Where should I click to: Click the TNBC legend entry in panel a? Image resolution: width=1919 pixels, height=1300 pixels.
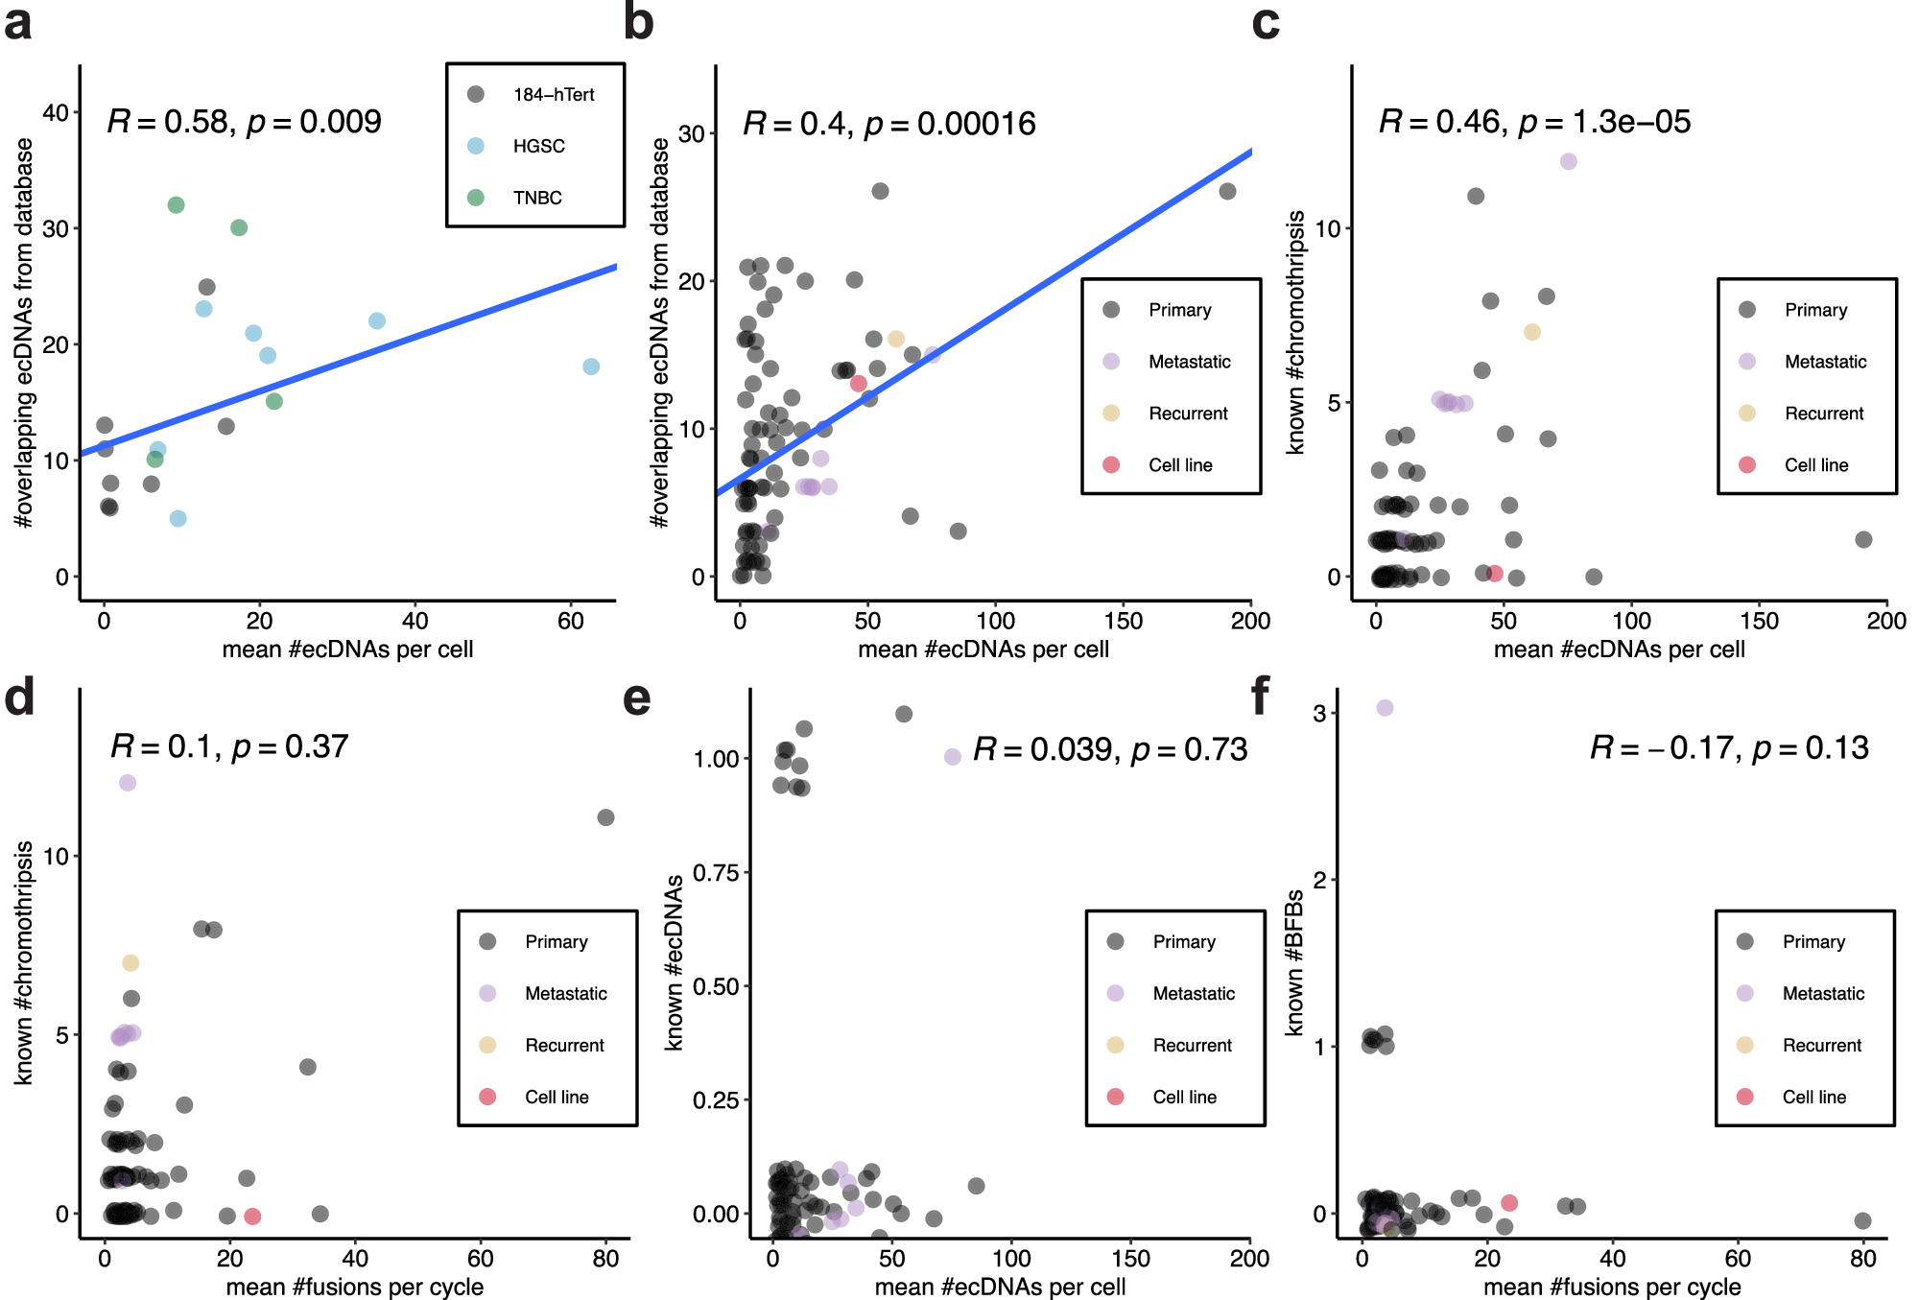[x=536, y=198]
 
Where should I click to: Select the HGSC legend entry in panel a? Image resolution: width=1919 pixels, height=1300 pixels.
[x=537, y=146]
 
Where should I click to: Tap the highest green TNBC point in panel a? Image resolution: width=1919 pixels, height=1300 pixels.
[x=176, y=205]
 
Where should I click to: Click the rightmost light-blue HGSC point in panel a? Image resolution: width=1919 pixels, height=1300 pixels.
[x=591, y=366]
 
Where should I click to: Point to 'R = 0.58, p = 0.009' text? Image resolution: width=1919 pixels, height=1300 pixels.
[x=244, y=122]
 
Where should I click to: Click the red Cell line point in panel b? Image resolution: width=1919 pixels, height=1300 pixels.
[x=859, y=384]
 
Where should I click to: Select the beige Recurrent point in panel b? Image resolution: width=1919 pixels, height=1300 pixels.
[x=896, y=339]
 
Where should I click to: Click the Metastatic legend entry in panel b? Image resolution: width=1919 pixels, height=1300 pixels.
[x=1189, y=362]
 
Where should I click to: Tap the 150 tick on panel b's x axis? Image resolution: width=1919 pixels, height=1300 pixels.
[x=1124, y=622]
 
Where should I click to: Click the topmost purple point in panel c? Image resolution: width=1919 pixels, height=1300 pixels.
[x=1568, y=161]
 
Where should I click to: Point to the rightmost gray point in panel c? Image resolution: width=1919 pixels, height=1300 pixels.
[x=1863, y=539]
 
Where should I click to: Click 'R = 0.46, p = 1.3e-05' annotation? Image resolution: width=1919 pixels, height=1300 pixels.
[x=1534, y=122]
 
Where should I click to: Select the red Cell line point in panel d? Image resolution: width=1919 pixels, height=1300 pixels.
[x=252, y=1216]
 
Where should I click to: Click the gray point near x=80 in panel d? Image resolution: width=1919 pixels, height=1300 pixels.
[x=605, y=817]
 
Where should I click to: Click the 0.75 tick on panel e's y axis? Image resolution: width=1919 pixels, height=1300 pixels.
[x=716, y=873]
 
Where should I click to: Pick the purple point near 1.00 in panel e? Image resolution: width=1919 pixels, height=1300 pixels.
[x=952, y=757]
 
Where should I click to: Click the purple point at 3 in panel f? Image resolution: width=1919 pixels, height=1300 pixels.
[x=1385, y=708]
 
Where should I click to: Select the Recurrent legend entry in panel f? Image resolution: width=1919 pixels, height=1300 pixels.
[x=1820, y=1045]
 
